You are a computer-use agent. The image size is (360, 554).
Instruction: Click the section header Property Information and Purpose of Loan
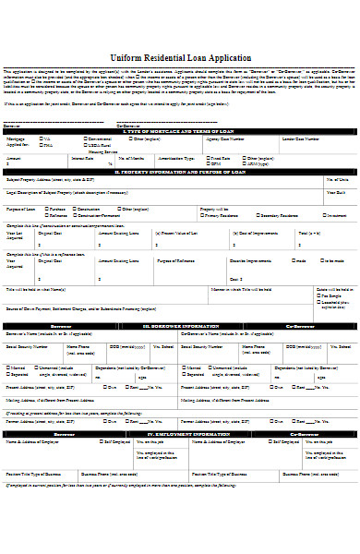tap(179, 171)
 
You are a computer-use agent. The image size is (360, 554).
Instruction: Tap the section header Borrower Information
tap(179, 326)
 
